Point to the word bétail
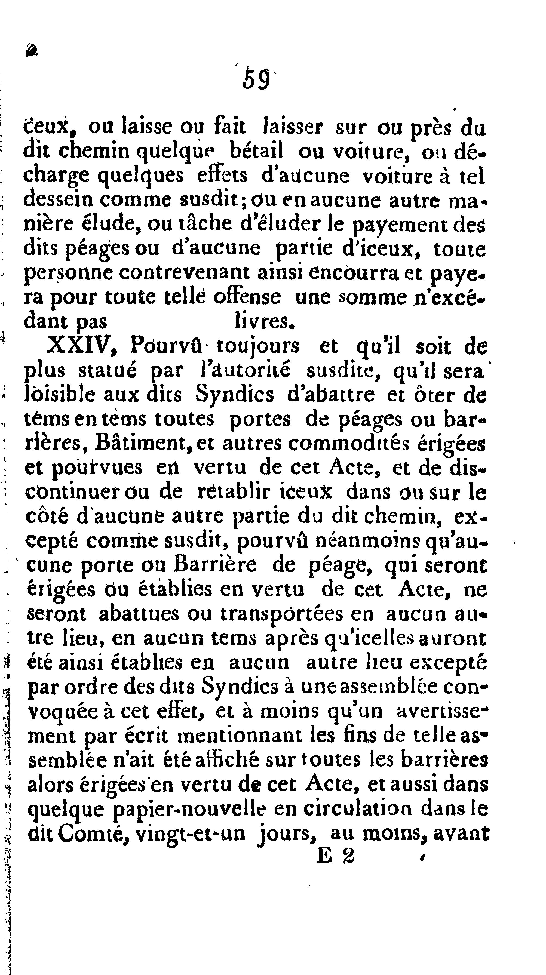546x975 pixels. pos(256,151)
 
